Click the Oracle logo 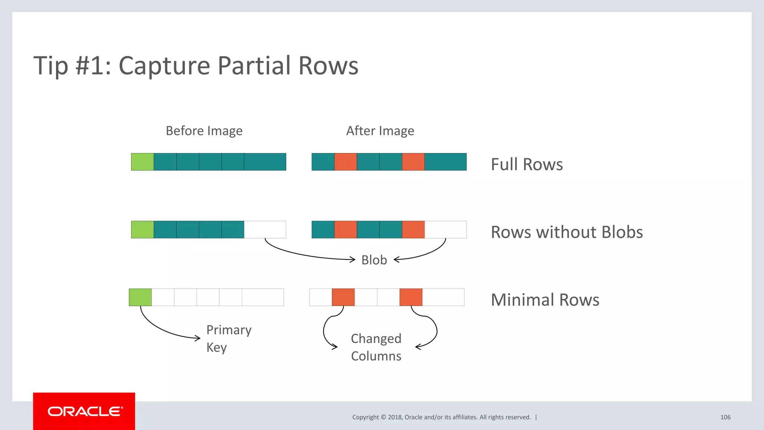pyautogui.click(x=84, y=411)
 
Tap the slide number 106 pyautogui.click(x=725, y=417)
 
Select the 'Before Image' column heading pyautogui.click(x=204, y=131)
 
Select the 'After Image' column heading pyautogui.click(x=380, y=131)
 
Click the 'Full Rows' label pyautogui.click(x=526, y=164)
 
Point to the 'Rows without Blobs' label pyautogui.click(x=567, y=232)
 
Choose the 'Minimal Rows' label pyautogui.click(x=545, y=300)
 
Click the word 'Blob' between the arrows pyautogui.click(x=374, y=260)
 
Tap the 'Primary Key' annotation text pyautogui.click(x=228, y=338)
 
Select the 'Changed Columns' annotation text pyautogui.click(x=376, y=347)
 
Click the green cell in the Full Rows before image pyautogui.click(x=143, y=162)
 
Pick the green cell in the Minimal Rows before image pyautogui.click(x=140, y=297)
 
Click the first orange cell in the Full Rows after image pyautogui.click(x=345, y=162)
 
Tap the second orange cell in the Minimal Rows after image pyautogui.click(x=411, y=297)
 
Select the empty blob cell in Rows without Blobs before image pyautogui.click(x=265, y=230)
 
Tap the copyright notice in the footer pyautogui.click(x=441, y=417)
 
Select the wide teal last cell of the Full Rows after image pyautogui.click(x=445, y=162)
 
